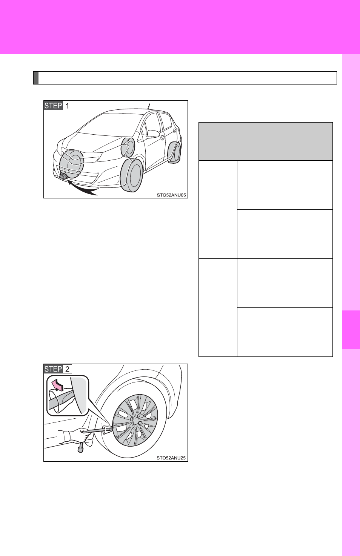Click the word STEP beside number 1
[53, 106]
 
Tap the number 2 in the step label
[67, 369]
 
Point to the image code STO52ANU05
[171, 195]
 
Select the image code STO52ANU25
[171, 458]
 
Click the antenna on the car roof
[149, 106]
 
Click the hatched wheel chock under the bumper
[63, 176]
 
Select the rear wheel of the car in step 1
[175, 152]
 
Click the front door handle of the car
[162, 137]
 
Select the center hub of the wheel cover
[136, 420]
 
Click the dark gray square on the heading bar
[36, 78]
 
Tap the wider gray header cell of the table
[237, 141]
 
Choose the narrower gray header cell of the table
[305, 141]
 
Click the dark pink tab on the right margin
[351, 330]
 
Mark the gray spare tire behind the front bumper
[71, 164]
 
